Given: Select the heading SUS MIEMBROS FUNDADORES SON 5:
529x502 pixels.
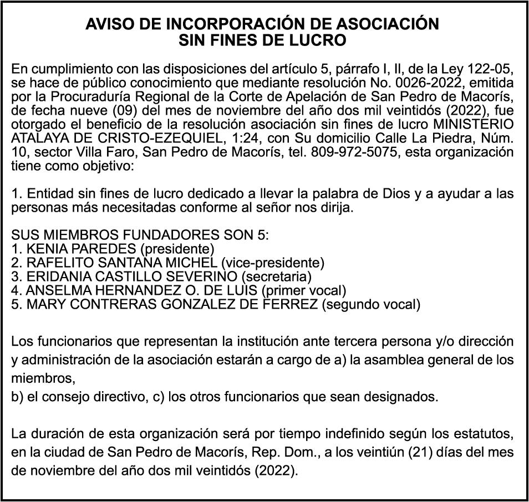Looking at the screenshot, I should tap(140, 235).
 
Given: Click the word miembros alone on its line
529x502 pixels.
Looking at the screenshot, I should tap(42, 378).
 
